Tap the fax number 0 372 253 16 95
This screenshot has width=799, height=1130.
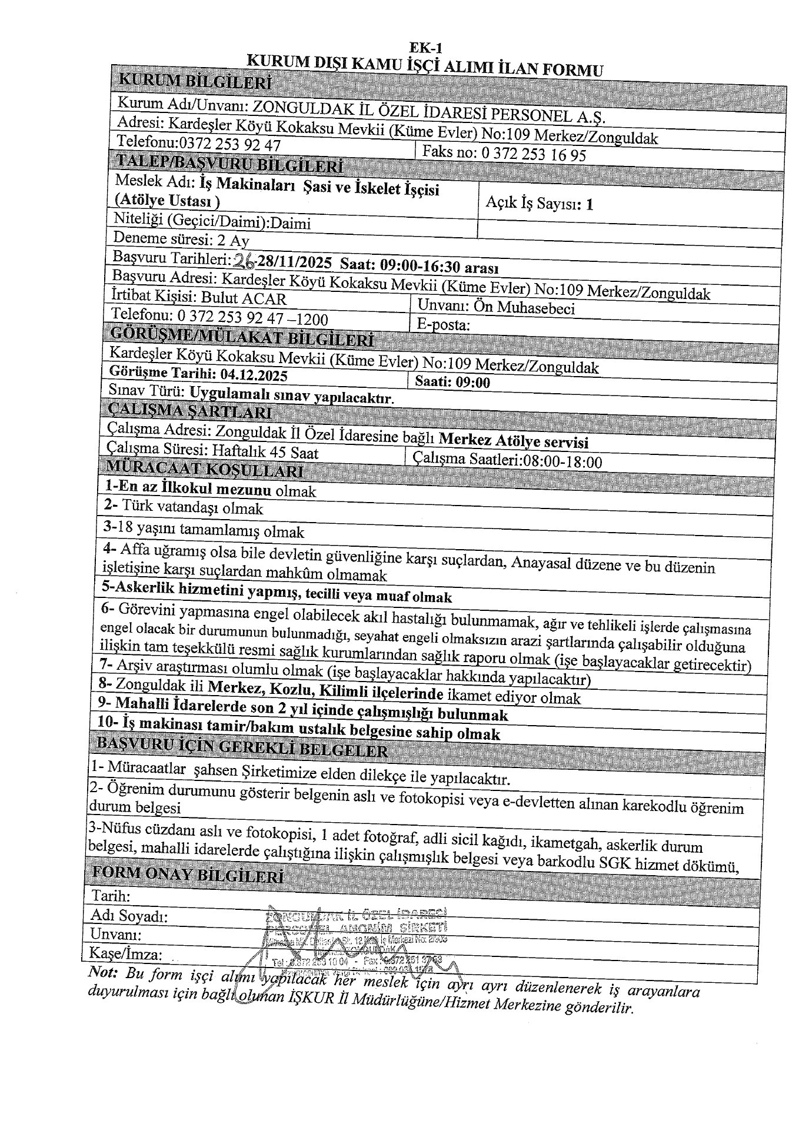534,154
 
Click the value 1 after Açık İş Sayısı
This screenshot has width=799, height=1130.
590,204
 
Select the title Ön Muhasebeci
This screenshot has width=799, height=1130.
536,307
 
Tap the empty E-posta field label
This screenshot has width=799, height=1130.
442,325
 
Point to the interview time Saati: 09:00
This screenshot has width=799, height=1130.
452,382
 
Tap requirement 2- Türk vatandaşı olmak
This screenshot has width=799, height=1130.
184,507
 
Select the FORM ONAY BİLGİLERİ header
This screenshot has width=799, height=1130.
187,875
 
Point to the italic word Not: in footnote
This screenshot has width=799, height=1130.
103,972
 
